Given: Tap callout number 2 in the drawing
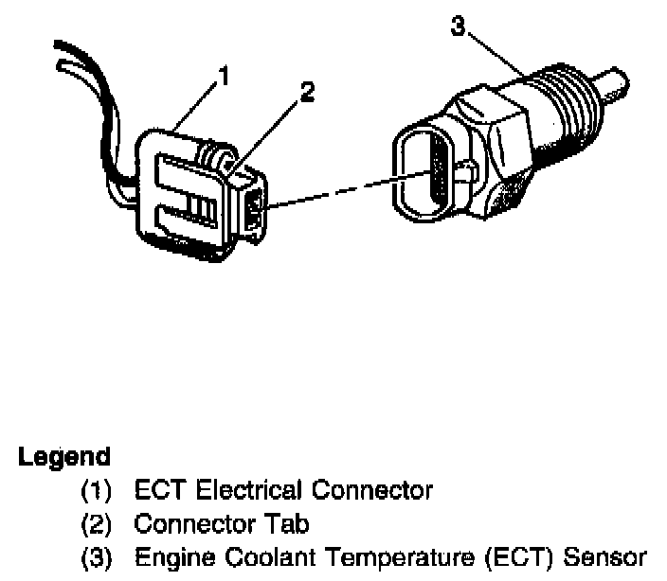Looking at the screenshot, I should (306, 94).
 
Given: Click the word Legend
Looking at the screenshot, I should (63, 457).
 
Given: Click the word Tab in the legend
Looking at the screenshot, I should (290, 522).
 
